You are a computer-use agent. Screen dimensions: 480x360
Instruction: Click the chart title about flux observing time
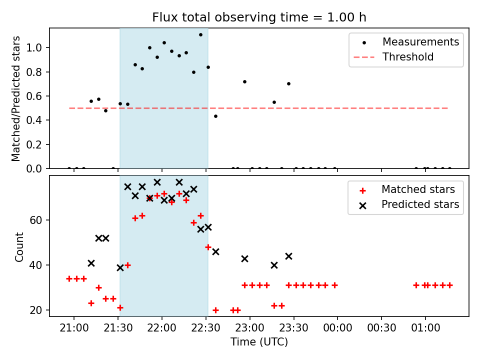[x=259, y=17]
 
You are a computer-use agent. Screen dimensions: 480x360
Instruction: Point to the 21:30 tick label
[x=118, y=328]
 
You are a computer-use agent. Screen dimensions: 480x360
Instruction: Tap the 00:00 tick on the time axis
[x=337, y=328]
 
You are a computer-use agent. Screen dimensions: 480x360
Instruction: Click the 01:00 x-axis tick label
[x=425, y=328]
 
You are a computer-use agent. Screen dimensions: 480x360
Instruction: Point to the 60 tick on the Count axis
[x=35, y=220]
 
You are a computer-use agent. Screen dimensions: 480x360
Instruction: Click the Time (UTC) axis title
[x=259, y=341]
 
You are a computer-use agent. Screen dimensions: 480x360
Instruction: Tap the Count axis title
[x=19, y=247]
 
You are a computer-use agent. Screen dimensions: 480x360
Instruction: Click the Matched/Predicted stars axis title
[x=15, y=98]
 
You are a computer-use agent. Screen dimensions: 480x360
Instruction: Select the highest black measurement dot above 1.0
[x=200, y=35]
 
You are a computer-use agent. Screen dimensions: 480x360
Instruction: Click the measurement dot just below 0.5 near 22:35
[x=215, y=116]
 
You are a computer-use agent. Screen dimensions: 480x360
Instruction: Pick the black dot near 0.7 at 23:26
[x=288, y=84]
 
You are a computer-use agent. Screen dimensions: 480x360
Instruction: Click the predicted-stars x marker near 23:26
[x=288, y=256]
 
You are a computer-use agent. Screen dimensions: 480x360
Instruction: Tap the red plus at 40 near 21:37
[x=127, y=265]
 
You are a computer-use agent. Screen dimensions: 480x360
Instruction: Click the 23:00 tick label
[x=250, y=328]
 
